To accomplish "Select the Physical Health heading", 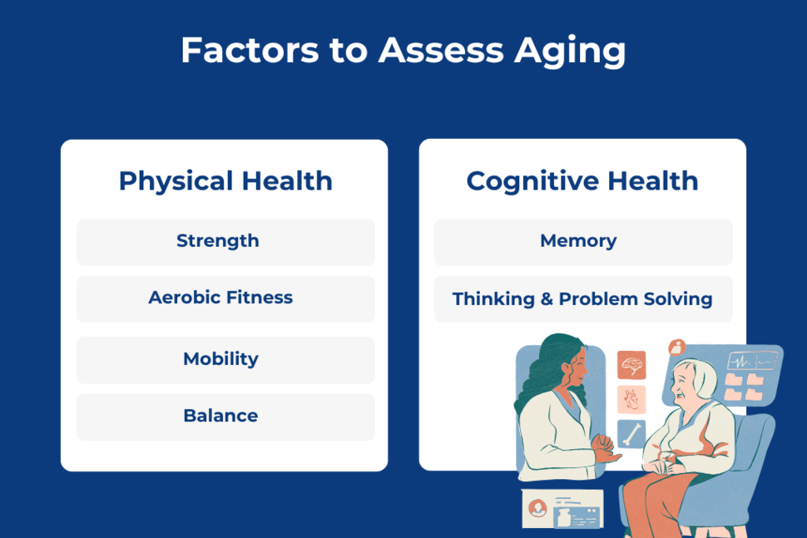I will [x=225, y=181].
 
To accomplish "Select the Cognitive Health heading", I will [x=582, y=181].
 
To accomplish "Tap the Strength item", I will [x=218, y=241].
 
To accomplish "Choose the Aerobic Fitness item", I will [x=220, y=298].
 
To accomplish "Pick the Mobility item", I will [x=220, y=359].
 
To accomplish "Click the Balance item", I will [x=220, y=416].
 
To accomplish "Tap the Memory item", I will [x=578, y=241].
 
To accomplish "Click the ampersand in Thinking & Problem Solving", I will [x=547, y=299].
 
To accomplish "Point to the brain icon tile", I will [x=631, y=364].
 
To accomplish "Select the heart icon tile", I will [x=631, y=399].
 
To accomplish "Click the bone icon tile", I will [x=631, y=433].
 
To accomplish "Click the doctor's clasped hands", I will [x=605, y=456].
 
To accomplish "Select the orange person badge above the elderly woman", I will [x=676, y=347].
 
